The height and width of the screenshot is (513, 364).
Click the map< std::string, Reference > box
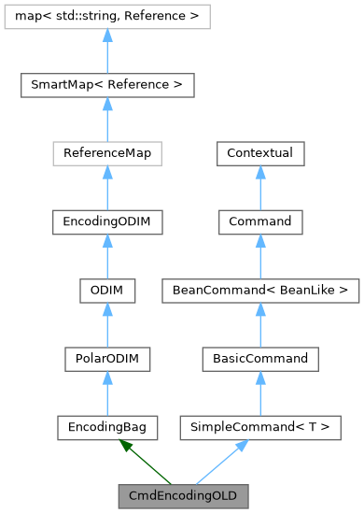tap(107, 17)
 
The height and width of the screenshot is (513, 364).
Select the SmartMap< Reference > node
tap(107, 85)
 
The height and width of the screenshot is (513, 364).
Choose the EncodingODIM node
tap(107, 221)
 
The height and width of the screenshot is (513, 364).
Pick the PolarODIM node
tap(107, 358)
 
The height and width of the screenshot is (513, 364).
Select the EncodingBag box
tap(107, 426)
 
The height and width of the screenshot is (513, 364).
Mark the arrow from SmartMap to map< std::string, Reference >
tap(107, 51)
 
